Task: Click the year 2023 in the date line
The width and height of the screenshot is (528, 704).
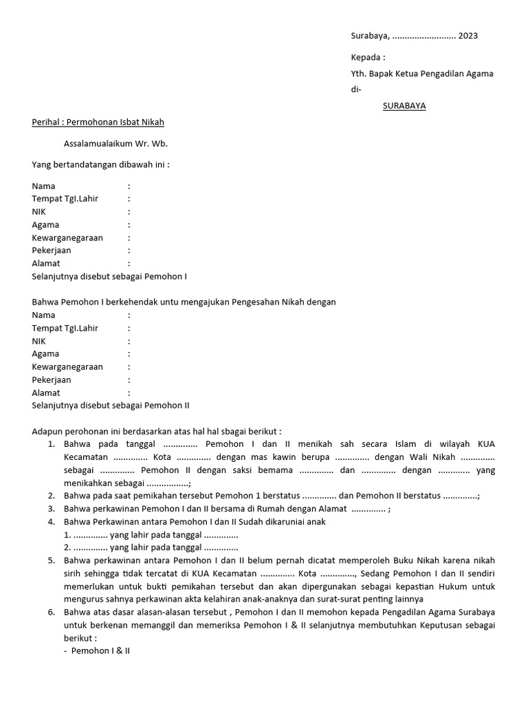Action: coord(468,36)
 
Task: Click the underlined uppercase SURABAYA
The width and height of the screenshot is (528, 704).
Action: coord(404,106)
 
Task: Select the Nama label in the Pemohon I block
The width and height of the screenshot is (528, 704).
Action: coord(43,186)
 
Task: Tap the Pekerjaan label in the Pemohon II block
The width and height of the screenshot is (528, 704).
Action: coord(52,379)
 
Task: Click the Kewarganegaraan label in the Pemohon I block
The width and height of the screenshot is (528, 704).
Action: coord(67,238)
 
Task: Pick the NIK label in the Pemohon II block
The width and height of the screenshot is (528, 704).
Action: coord(40,341)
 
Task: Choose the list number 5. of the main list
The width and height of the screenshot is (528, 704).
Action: coord(52,560)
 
